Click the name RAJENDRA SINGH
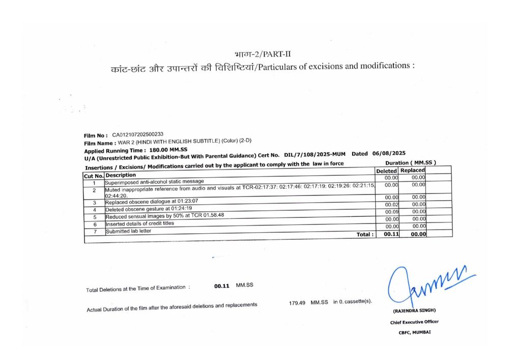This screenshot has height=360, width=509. (x=414, y=310)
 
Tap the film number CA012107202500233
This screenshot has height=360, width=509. (x=138, y=134)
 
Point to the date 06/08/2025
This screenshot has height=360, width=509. (x=389, y=153)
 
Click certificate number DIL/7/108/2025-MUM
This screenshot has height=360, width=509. (x=316, y=154)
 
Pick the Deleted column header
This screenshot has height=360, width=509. (x=386, y=171)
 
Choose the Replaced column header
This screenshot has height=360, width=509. (x=412, y=170)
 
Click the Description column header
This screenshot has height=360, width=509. (x=121, y=175)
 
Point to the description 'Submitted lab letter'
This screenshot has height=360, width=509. (x=128, y=231)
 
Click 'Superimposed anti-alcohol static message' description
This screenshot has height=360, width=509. (x=154, y=181)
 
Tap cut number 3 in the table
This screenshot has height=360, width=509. (x=95, y=203)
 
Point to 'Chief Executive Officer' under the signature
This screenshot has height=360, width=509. (x=414, y=322)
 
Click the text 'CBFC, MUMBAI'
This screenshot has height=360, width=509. (x=414, y=333)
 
